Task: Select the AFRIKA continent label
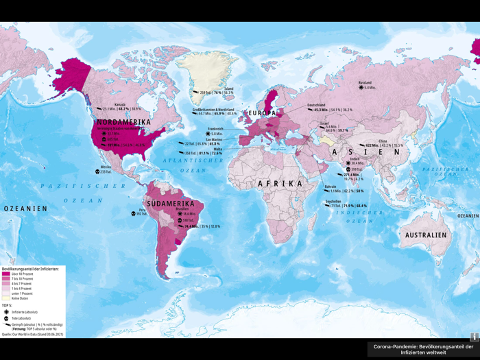pyautogui.click(x=280, y=184)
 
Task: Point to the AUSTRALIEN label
pyautogui.click(x=425, y=235)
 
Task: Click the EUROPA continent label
pyautogui.click(x=262, y=112)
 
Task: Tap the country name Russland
pyautogui.click(x=365, y=83)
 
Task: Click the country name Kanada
pyautogui.click(x=119, y=104)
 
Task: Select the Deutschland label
pyautogui.click(x=317, y=105)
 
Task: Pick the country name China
pyautogui.click(x=383, y=141)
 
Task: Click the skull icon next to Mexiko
pyautogui.click(x=97, y=171)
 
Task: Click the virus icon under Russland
pyautogui.click(x=361, y=88)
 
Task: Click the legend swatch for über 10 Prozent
pyautogui.click(x=6, y=274)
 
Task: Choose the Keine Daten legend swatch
pyautogui.click(x=6, y=298)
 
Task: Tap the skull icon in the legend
pyautogui.click(x=6, y=318)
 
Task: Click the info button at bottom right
pyautogui.click(x=474, y=337)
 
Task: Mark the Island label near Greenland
pyautogui.click(x=229, y=88)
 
